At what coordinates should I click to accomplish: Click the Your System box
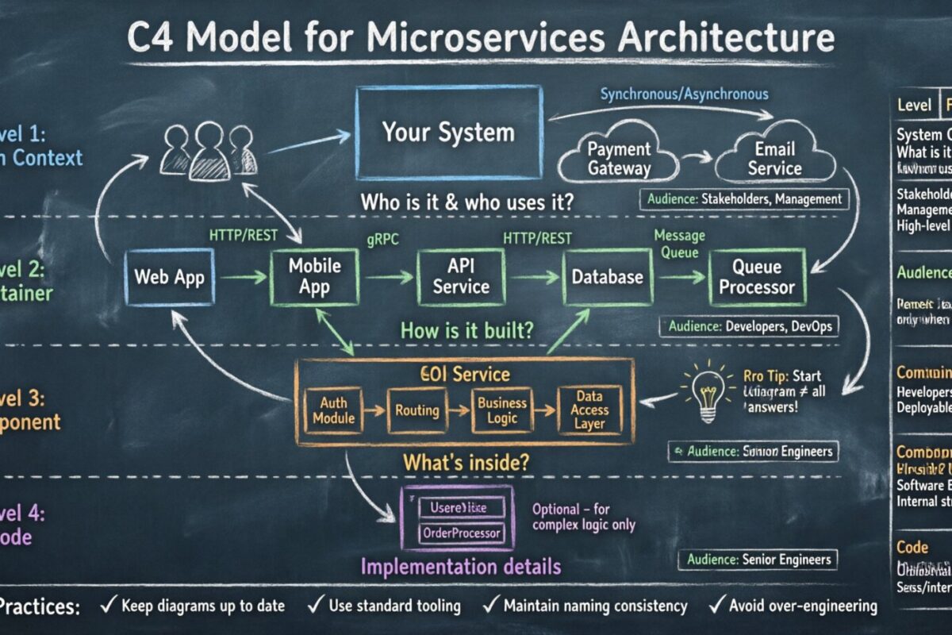[449, 132]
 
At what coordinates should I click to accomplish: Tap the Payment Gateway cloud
[620, 159]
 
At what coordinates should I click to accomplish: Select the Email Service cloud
[774, 159]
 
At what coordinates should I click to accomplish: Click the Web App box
[169, 277]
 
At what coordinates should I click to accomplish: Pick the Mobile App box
[314, 276]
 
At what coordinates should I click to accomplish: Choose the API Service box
[461, 276]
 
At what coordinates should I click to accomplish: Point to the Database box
[607, 277]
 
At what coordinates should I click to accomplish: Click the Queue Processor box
[756, 277]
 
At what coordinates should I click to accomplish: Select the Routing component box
[417, 410]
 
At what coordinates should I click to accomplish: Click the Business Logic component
[501, 410]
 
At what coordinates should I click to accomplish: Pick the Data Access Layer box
[589, 410]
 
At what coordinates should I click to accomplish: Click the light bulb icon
[705, 392]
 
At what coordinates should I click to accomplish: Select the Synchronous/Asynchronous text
[684, 94]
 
